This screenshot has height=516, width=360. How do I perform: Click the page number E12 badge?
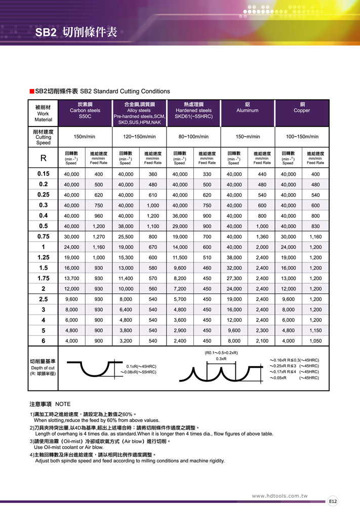point(333,501)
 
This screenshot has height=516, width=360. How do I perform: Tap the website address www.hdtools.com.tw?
point(279,496)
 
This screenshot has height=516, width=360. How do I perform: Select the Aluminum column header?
point(247,110)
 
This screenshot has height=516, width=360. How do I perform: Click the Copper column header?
point(302,110)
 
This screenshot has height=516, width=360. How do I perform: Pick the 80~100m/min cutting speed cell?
point(193,137)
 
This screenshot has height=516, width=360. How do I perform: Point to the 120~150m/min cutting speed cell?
point(139,137)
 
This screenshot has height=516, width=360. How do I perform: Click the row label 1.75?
point(44,278)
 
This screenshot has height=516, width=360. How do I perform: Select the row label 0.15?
point(44,174)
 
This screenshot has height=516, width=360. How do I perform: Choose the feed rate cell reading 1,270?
point(98,237)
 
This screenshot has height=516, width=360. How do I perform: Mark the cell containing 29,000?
point(179,226)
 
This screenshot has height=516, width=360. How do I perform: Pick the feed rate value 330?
point(207,174)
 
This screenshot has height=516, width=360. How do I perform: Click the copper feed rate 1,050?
point(315,341)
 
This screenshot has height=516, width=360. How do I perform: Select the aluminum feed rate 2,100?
point(262,341)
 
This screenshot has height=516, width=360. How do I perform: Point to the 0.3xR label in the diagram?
point(221,359)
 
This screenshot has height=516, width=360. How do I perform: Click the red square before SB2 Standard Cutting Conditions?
point(31,92)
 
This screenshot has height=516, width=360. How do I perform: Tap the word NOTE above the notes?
point(63,404)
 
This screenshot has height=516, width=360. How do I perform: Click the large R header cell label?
point(44,158)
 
